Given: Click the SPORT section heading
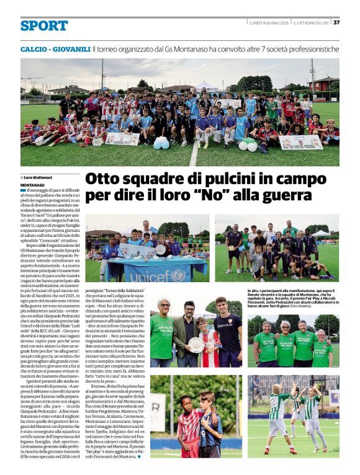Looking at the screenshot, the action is click(x=43, y=25).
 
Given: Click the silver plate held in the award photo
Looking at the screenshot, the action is click(x=196, y=344).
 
